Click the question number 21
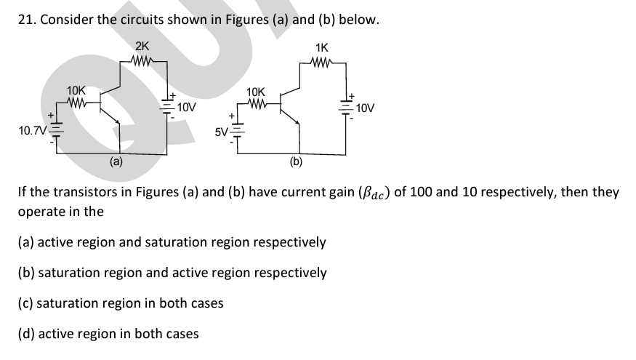(x=25, y=20)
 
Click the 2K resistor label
(x=142, y=47)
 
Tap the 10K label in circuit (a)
(x=76, y=91)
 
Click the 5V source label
(x=220, y=132)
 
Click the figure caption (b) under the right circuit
(x=296, y=162)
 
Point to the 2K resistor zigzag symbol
(x=142, y=61)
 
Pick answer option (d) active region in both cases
(x=108, y=334)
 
